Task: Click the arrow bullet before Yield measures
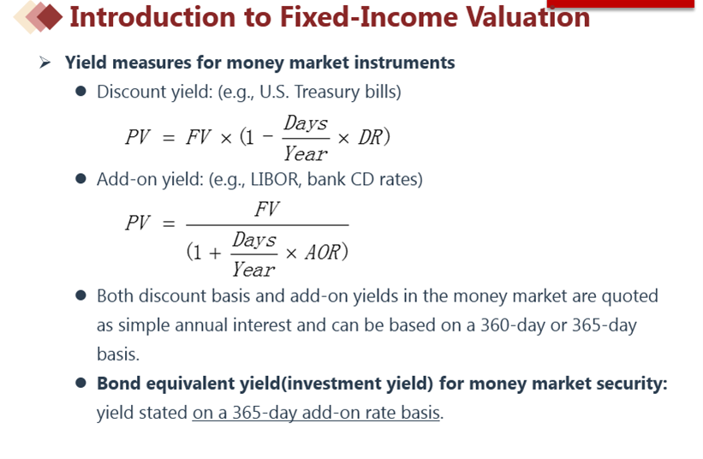(45, 63)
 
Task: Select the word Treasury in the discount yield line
(327, 92)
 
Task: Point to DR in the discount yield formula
(370, 137)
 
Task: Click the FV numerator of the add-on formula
(267, 209)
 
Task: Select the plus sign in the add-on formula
(215, 253)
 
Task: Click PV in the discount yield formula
(138, 137)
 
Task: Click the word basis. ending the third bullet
(118, 355)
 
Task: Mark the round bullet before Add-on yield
(81, 179)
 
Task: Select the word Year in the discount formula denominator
(306, 154)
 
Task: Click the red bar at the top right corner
(621, 3)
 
